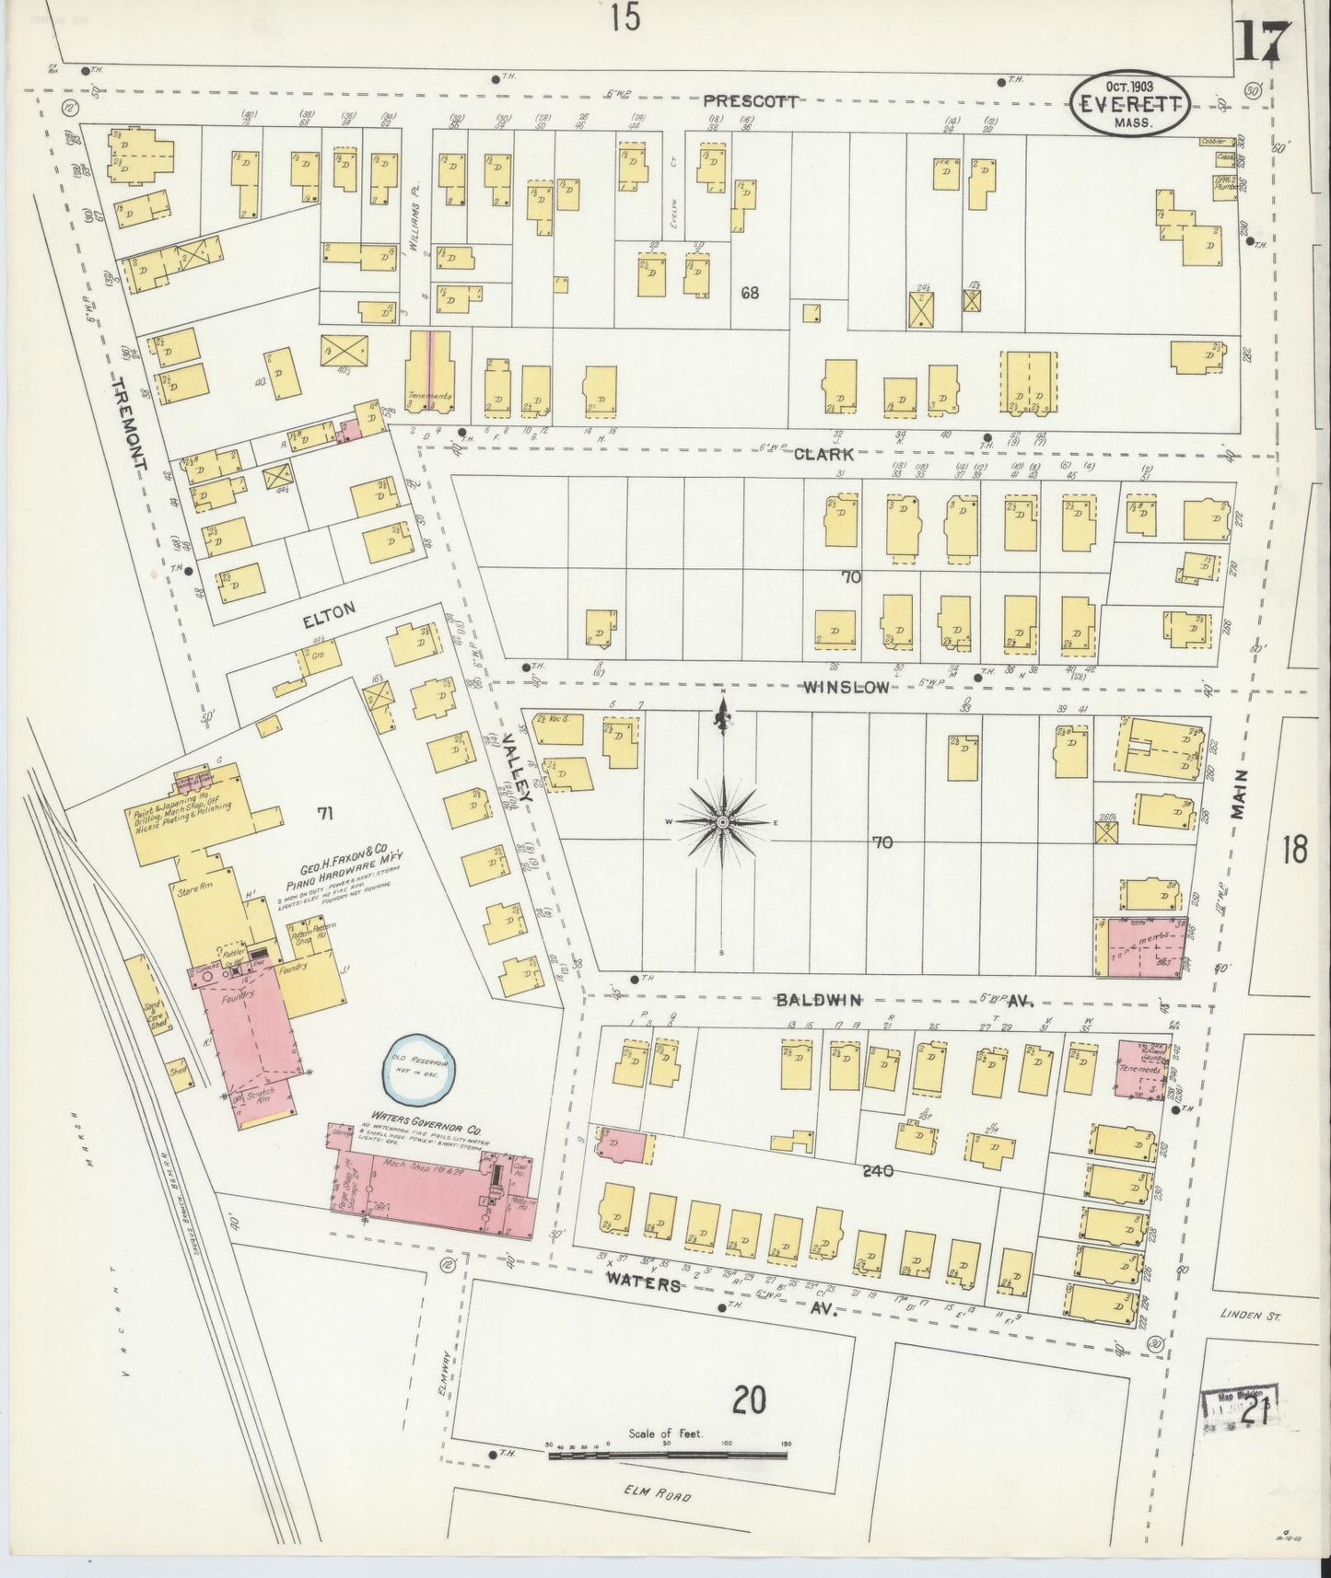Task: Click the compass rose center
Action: (x=722, y=821)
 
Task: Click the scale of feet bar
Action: (x=667, y=1456)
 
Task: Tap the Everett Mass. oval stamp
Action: (x=1132, y=106)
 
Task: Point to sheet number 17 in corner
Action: (x=1259, y=39)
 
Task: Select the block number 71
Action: (x=324, y=813)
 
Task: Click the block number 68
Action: (x=750, y=294)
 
